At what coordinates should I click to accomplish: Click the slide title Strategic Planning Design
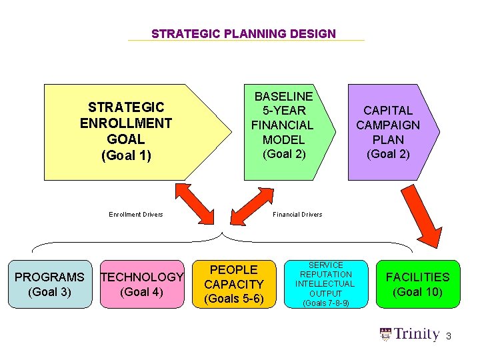pos(243,33)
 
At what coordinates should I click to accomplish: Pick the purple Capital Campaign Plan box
pos(390,132)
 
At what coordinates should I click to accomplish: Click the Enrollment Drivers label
pos(136,214)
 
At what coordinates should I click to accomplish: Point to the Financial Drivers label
pos(297,214)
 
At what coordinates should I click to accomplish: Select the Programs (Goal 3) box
pos(49,284)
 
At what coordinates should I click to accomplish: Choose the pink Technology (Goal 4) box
pos(141,284)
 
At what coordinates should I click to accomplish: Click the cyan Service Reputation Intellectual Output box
pos(325,284)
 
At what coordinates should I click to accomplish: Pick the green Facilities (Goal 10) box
pos(418,284)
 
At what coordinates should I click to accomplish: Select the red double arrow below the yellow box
pos(195,205)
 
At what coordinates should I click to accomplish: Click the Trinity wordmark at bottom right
pos(417,335)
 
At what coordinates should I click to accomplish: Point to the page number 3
pos(449,337)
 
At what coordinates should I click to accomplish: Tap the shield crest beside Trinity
pos(385,335)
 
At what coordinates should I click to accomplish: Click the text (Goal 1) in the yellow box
pos(126,156)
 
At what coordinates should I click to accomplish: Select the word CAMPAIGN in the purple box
pos(388,125)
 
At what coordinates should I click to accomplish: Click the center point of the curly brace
pos(222,235)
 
